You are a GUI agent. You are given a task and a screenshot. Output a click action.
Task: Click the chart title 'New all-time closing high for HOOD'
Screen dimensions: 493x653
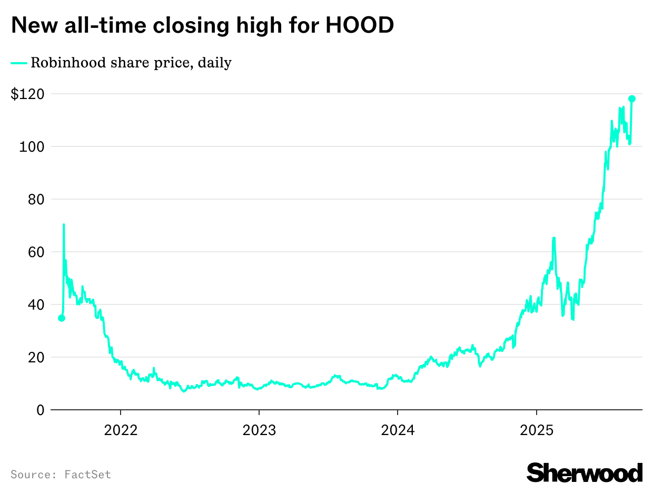tap(202, 25)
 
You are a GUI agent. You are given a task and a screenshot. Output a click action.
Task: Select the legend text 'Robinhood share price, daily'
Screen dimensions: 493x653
tap(131, 63)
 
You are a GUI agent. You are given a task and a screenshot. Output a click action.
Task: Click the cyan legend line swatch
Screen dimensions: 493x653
tap(19, 63)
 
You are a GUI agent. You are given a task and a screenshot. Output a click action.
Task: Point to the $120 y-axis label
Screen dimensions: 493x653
tap(27, 94)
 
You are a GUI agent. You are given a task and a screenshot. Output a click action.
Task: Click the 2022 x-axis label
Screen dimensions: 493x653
tap(121, 430)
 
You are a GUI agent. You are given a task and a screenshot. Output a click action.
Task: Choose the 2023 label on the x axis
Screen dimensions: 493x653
tap(259, 430)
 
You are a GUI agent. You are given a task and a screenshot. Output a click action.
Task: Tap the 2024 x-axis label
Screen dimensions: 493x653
tap(398, 430)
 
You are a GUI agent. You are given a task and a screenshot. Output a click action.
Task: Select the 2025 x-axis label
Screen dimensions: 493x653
tap(536, 430)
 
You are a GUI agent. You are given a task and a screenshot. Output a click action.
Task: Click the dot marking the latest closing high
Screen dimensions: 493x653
tap(632, 98)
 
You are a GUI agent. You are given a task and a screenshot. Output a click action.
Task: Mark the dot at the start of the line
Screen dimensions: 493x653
tap(62, 318)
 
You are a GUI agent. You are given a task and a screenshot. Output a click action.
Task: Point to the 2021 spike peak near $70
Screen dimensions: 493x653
tap(64, 224)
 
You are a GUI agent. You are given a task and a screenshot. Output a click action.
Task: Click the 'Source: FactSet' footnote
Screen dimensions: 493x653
tap(61, 475)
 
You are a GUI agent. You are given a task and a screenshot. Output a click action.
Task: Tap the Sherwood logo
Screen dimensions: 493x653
tap(585, 472)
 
